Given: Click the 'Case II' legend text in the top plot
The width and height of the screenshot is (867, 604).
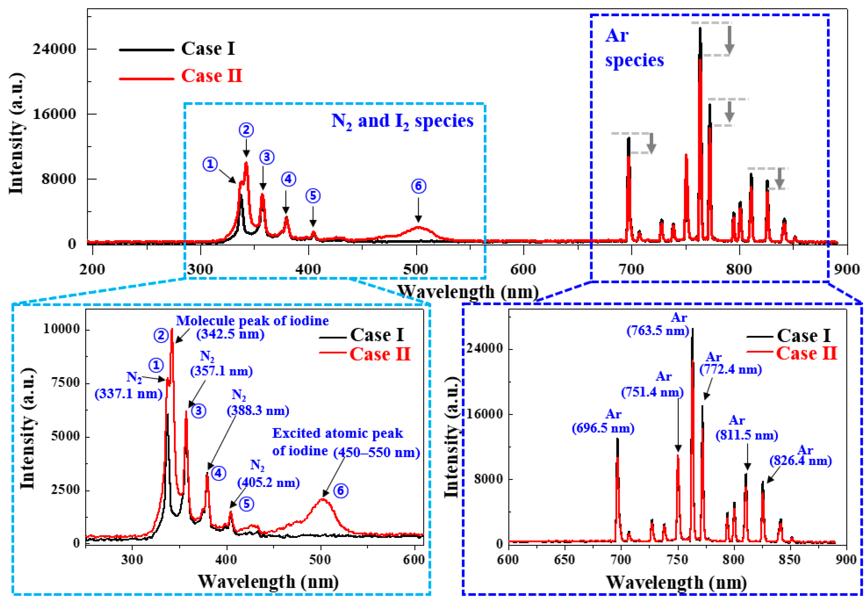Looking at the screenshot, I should pos(211,76).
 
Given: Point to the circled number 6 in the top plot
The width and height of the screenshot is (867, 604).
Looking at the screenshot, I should pos(418,186).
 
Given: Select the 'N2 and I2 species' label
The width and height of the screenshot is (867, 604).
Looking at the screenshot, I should pos(402,121).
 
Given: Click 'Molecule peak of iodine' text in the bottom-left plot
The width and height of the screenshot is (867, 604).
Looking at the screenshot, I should pos(252,321).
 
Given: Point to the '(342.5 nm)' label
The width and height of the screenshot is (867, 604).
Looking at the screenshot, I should pos(230,334).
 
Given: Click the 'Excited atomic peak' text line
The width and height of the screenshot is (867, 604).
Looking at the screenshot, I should pos(338,433).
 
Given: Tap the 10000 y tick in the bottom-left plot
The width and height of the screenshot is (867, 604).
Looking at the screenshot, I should pos(62,329).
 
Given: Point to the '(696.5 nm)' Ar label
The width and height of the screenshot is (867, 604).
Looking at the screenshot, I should pos(603,428).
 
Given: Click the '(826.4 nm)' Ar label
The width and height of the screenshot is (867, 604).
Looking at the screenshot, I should pos(801,461).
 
